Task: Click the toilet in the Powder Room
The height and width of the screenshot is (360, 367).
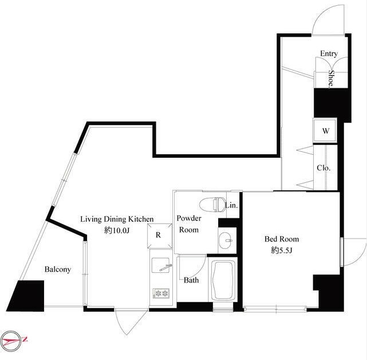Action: tap(211, 204)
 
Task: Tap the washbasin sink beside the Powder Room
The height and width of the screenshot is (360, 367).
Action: tap(225, 240)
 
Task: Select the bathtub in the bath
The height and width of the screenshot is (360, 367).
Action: tap(223, 280)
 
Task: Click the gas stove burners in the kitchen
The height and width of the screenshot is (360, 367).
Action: tap(161, 293)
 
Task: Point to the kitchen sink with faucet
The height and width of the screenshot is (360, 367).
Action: tap(161, 265)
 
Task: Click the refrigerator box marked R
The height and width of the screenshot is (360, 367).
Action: tap(160, 235)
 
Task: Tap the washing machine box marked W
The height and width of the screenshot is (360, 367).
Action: tap(325, 131)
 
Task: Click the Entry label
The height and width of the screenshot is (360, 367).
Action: tap(329, 53)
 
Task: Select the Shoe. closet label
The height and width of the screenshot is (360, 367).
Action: tap(331, 79)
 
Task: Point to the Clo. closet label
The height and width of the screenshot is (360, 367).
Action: tap(323, 168)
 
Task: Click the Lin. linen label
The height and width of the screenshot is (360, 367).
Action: tap(231, 206)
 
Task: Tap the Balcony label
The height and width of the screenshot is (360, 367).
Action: tap(58, 269)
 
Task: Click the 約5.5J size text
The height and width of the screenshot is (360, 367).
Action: tap(282, 251)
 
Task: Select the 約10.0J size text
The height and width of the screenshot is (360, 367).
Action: tap(117, 230)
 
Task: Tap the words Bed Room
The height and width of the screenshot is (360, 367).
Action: tap(282, 239)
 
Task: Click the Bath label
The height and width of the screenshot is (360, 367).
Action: tap(191, 280)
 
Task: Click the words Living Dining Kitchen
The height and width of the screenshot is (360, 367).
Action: tap(117, 219)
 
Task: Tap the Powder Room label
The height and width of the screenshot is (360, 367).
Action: tap(188, 224)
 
